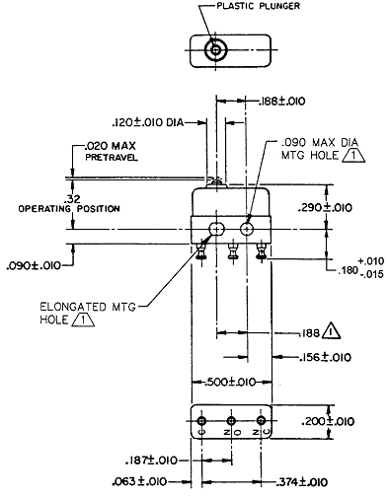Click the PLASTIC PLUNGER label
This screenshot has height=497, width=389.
tap(258, 6)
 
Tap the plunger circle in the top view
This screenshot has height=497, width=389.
tap(215, 50)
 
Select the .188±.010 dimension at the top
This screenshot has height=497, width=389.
tap(282, 101)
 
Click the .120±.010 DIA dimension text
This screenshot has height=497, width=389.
tap(148, 122)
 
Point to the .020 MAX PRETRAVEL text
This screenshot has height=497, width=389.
tap(111, 151)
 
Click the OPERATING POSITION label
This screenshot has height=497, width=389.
tap(69, 209)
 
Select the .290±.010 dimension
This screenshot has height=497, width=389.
tap(325, 208)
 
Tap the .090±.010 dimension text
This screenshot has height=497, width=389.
tap(34, 265)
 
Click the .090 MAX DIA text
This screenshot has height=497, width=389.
tap(320, 143)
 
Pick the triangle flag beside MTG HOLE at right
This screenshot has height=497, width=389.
tap(353, 155)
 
